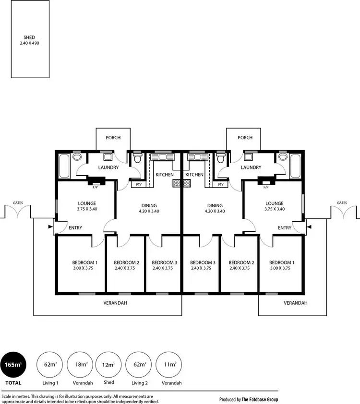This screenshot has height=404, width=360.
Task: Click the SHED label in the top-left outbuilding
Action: [x=30, y=37]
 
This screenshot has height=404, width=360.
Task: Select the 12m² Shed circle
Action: [x=109, y=365]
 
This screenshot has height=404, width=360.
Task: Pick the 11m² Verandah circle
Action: [x=168, y=365]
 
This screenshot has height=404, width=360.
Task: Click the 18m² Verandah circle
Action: [x=80, y=365]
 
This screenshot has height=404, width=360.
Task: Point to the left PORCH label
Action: [x=113, y=138]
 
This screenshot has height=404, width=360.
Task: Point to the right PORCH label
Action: [x=245, y=138]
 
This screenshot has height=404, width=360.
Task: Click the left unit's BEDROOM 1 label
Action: [x=84, y=262]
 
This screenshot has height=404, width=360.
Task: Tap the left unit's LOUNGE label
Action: [x=86, y=203]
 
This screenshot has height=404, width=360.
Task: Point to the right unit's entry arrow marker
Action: [x=309, y=226]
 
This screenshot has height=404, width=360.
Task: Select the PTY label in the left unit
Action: [x=138, y=184]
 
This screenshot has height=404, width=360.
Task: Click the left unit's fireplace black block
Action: [x=98, y=181]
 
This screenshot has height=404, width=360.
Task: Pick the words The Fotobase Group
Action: [x=260, y=399]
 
